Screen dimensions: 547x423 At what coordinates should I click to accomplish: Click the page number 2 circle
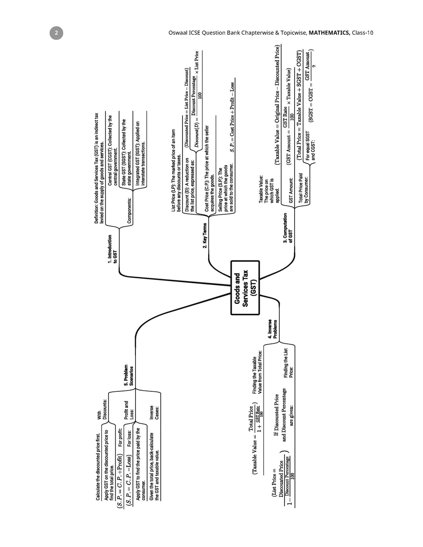[57, 33]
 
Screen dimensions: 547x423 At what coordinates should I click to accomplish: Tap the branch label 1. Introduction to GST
[112, 249]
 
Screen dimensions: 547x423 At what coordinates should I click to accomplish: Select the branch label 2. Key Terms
[205, 236]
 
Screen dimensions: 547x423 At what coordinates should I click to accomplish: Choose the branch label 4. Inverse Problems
[272, 329]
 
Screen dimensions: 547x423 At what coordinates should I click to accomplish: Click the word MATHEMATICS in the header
[329, 33]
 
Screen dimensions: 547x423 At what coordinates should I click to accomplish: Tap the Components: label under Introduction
[129, 211]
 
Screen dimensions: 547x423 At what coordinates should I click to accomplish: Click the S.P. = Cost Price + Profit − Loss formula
[232, 117]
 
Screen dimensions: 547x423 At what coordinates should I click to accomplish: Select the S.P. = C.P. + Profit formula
[119, 481]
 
